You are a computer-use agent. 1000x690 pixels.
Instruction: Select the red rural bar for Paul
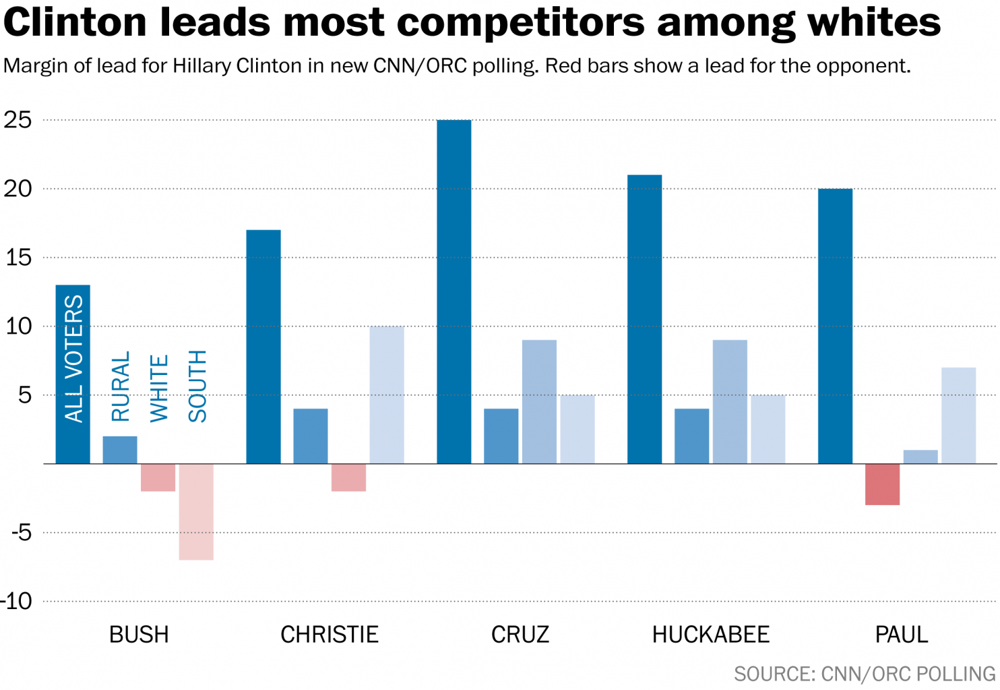click(882, 484)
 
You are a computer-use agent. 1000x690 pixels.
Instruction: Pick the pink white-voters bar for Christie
click(348, 477)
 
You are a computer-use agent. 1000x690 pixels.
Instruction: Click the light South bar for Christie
click(387, 395)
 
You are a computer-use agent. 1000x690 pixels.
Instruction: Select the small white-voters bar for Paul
click(920, 457)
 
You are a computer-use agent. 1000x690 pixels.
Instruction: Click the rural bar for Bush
click(120, 450)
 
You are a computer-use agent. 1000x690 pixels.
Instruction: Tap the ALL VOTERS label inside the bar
click(73, 359)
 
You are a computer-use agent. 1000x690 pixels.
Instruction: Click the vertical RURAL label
click(120, 386)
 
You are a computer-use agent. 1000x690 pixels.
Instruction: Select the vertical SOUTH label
click(197, 386)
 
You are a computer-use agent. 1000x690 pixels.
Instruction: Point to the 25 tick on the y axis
click(18, 120)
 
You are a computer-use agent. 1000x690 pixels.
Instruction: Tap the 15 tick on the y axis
click(18, 258)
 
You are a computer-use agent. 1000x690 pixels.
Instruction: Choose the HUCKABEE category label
click(710, 635)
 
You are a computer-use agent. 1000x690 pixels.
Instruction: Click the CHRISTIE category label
click(330, 635)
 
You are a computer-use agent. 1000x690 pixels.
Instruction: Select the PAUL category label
click(901, 635)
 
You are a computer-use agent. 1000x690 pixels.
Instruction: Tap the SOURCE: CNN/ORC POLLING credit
click(864, 674)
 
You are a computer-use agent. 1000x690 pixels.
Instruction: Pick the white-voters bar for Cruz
click(539, 402)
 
